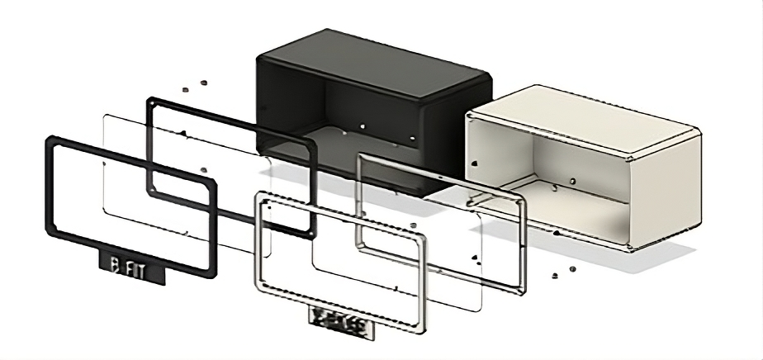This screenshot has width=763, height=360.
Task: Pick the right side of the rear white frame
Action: coord(521,239)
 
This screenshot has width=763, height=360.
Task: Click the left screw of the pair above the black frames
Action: coord(187,86)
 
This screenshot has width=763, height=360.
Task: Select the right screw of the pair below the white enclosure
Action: coord(571,268)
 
